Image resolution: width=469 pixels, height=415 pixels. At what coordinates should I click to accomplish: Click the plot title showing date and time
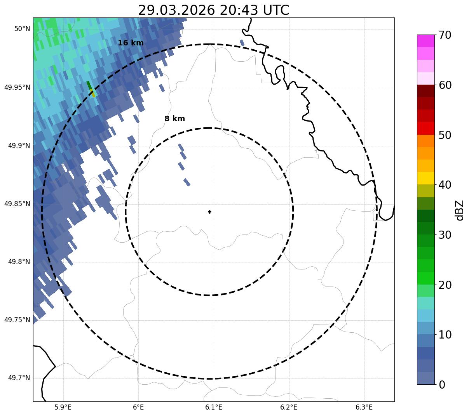213,10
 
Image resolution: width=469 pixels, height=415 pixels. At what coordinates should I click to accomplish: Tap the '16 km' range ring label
131,43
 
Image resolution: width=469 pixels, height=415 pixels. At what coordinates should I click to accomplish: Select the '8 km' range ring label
174,119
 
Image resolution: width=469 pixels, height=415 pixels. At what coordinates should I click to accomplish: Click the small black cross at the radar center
210,212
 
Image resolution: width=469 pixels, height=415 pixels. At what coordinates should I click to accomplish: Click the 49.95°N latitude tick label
17,87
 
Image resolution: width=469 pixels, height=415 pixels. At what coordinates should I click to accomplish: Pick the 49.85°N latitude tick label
17,204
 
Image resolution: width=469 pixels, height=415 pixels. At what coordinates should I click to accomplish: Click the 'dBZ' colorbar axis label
460,210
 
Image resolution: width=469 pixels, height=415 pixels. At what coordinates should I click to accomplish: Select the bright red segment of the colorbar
425,128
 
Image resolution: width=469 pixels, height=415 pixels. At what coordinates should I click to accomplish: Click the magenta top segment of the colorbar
425,41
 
